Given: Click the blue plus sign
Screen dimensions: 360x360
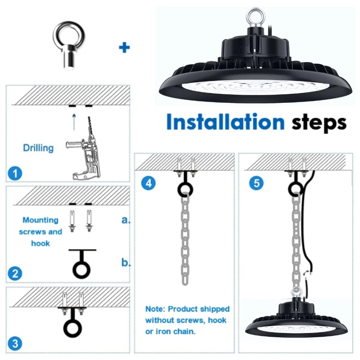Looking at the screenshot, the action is point(124,48).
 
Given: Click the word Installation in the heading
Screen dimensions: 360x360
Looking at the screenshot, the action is point(225,122).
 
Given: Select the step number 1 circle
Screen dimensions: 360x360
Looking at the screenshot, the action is point(15,173).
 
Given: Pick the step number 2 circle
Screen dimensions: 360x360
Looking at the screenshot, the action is point(15,274).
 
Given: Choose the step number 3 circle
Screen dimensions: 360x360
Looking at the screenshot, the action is point(15,344).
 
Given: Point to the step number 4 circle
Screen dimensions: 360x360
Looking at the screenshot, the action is point(149,183).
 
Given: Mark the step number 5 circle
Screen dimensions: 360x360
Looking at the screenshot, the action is point(256,183).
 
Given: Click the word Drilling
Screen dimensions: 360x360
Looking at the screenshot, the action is point(38,148).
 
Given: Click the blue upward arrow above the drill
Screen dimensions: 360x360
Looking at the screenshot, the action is point(74,122).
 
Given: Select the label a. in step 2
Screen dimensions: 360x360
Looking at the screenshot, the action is point(126,220).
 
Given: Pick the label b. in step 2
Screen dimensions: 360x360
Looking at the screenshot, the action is point(126,262).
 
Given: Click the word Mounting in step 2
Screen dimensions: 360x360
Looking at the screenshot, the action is point(40,220).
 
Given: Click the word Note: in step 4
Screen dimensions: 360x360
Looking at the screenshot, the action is point(155,309).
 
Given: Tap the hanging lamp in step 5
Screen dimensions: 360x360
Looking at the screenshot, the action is point(296,316).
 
